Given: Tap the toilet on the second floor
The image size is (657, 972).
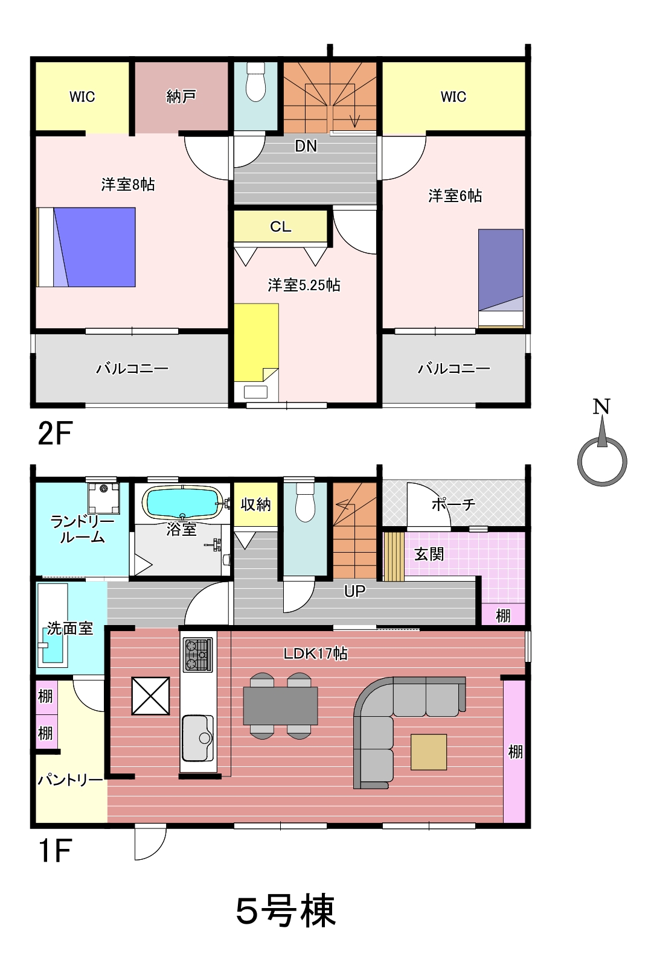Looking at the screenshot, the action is click(x=255, y=81).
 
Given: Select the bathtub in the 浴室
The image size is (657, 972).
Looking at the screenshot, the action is click(x=182, y=502).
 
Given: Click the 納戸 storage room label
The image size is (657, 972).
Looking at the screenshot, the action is click(x=181, y=97).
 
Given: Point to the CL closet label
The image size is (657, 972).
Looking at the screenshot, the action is click(x=281, y=226).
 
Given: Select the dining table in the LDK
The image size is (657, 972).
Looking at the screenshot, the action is click(x=281, y=705).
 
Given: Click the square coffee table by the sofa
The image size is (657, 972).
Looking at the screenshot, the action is click(x=429, y=752).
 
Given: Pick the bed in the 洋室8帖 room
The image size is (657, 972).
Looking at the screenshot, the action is click(x=86, y=247).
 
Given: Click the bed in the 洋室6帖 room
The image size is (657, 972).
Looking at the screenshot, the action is click(x=501, y=278).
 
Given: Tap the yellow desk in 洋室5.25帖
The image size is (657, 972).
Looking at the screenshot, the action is click(x=256, y=342).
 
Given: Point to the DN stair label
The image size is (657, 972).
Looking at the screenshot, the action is click(x=306, y=146).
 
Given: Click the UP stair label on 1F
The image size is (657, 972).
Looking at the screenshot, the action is click(x=355, y=591).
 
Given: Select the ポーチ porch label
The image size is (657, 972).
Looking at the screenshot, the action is click(x=453, y=504).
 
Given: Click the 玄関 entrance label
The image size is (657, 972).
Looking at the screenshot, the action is click(x=429, y=554).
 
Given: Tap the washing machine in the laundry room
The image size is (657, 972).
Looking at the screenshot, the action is click(x=103, y=498).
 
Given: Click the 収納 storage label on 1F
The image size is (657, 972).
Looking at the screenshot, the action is click(x=256, y=504).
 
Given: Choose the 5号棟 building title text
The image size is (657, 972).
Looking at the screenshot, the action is click(x=286, y=910).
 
